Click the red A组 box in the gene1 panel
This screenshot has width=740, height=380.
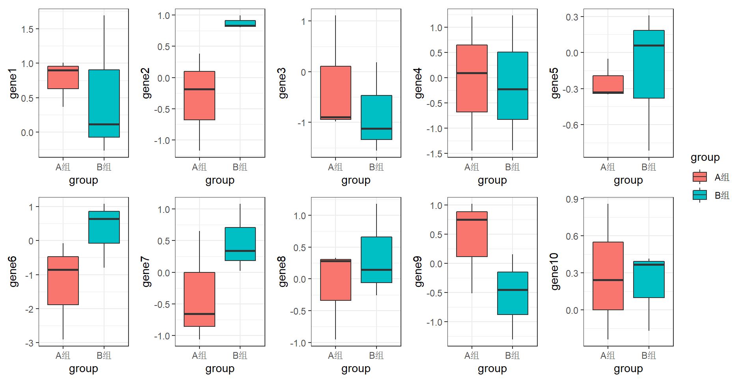63,78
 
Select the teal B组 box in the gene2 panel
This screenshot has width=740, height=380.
240,23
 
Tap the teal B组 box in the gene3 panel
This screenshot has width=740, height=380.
377,117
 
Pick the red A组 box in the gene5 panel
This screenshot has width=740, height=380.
608,84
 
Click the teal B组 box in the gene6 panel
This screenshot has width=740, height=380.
104,227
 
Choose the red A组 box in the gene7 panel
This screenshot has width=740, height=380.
199,299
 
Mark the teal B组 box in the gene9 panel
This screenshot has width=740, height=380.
513,293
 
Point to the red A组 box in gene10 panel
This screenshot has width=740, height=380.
608,276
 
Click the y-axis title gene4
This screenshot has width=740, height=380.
418,83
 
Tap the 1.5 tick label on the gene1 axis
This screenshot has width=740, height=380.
28,29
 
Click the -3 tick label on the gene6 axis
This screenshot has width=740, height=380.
30,343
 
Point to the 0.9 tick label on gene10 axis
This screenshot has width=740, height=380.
572,199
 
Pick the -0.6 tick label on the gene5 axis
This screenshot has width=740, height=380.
570,125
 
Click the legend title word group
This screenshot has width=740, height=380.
705,157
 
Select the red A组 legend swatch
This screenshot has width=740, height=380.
700,177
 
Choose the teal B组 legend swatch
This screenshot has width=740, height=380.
700,195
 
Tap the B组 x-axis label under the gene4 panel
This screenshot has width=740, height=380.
513,167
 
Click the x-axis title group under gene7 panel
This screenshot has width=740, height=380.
220,369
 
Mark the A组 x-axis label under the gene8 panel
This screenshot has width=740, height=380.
336,356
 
